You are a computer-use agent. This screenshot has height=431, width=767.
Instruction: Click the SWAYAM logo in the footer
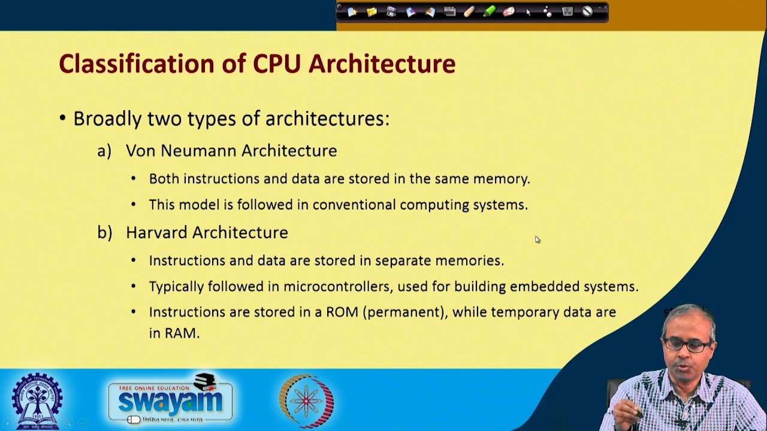coord(170,399)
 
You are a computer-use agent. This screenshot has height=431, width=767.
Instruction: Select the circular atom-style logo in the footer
coord(306,400)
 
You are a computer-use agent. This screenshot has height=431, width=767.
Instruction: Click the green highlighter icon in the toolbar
coord(489,11)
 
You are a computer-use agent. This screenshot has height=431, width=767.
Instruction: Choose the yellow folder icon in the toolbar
coord(372,11)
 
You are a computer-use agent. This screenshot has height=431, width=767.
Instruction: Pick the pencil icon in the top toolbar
coord(469,11)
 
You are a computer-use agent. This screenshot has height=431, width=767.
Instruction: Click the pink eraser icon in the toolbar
coord(509,11)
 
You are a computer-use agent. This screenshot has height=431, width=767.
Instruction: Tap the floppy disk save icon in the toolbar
coord(391,11)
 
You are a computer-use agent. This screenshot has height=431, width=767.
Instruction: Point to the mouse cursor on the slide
coord(537,239)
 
